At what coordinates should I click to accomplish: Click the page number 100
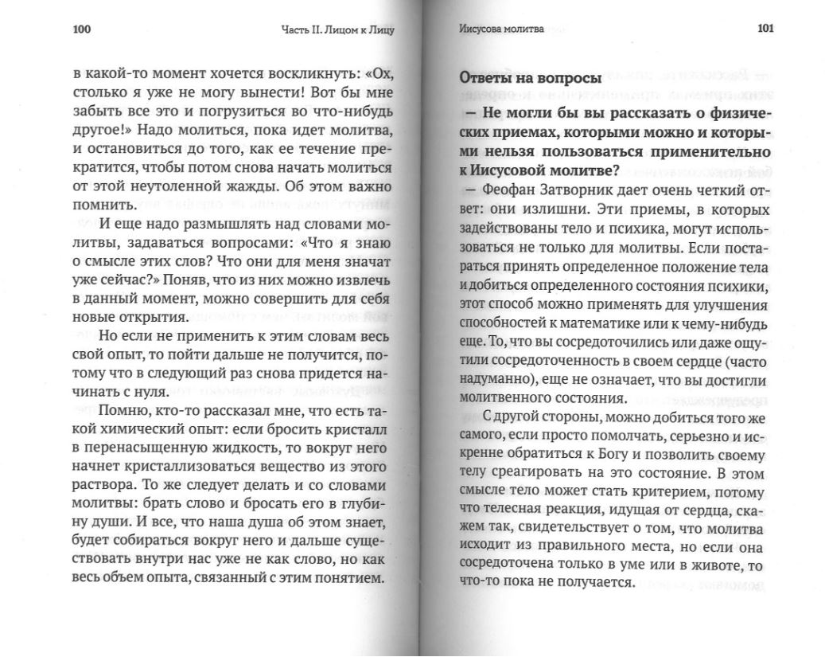point(83,31)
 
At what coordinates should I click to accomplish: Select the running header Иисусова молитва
point(501,29)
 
